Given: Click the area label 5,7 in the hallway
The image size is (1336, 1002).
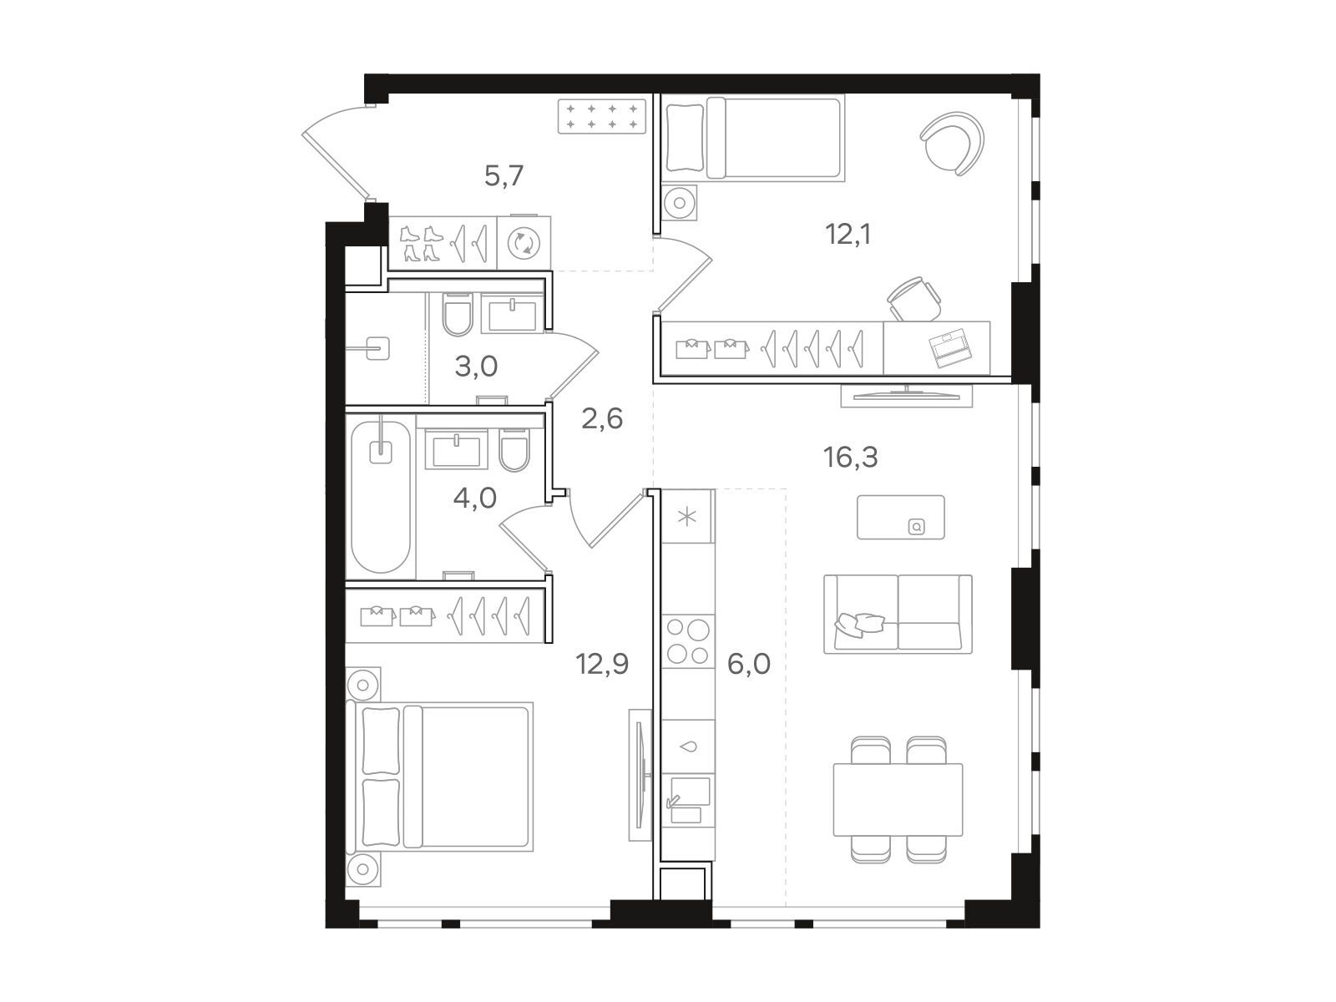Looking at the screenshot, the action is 504,176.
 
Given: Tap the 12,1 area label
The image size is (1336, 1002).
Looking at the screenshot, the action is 848,234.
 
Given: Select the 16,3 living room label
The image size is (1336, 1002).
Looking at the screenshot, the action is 850,457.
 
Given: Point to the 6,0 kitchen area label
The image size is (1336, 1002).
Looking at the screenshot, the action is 749,665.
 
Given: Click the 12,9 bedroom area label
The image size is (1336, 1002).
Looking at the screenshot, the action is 602,664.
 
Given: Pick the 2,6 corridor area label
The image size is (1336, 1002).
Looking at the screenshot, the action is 602,418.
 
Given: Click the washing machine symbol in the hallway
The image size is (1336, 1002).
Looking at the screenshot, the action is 524,243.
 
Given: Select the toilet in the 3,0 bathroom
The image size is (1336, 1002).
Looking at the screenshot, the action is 457,315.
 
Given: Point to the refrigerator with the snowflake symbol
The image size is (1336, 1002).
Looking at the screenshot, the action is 687,517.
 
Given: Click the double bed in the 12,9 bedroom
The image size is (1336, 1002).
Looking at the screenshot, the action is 439,777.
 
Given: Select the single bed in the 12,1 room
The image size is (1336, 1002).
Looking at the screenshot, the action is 755,138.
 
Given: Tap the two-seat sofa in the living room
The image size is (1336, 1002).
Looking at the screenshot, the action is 898,614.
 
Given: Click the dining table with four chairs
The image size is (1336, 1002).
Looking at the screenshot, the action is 898,799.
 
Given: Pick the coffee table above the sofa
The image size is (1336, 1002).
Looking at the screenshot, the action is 901,517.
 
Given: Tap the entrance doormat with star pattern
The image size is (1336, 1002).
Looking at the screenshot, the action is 601,117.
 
